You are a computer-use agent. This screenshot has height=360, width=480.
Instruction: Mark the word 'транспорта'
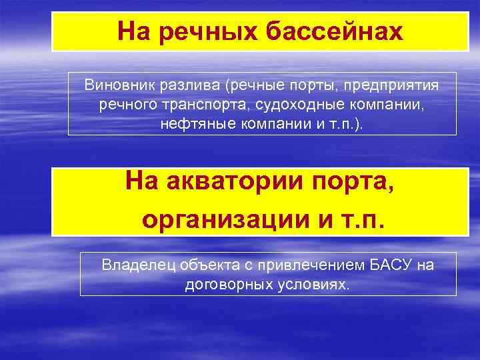(200, 105)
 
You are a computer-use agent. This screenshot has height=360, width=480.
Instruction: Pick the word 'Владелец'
(134, 265)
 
